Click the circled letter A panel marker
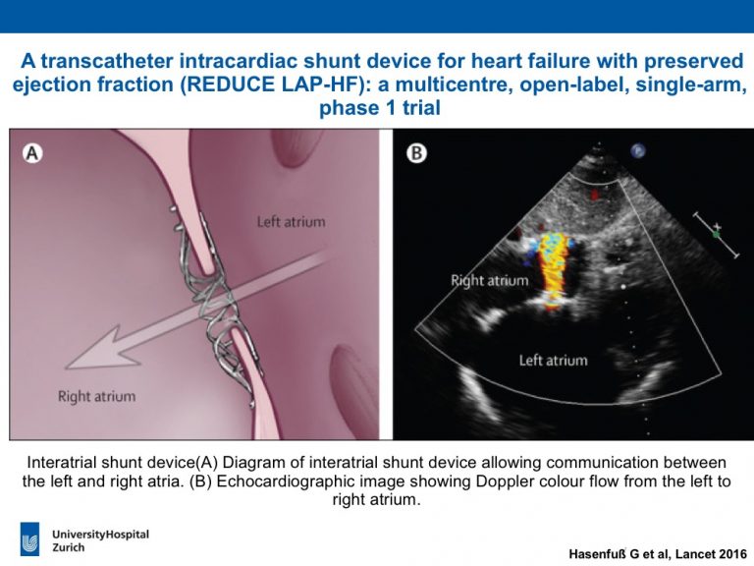coord(32,153)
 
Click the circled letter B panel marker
coord(416,153)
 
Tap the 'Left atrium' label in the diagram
coord(291,222)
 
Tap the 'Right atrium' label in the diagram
coord(96,397)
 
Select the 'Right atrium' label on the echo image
coord(490,281)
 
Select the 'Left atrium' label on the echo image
coord(553,361)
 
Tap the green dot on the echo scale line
coord(716,235)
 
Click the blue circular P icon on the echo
coord(638,151)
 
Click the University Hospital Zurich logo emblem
coord(29,539)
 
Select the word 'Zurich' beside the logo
coord(69,547)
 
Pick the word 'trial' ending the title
coord(421,107)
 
